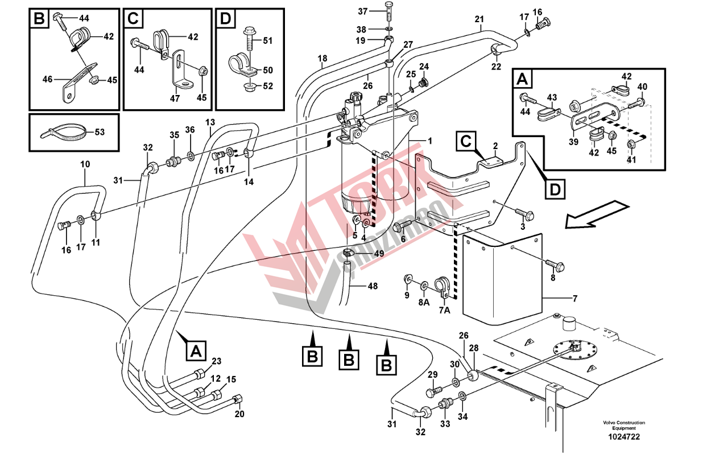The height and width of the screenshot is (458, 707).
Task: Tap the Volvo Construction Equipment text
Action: [x=624, y=425]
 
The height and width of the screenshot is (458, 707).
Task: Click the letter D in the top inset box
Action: [x=226, y=19]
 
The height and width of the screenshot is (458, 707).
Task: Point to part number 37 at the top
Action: [x=379, y=11]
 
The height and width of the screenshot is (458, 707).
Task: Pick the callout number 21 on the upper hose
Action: [x=479, y=20]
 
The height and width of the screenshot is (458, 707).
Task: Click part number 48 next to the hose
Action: [x=373, y=286]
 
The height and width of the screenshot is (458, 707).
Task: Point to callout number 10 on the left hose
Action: [x=85, y=164]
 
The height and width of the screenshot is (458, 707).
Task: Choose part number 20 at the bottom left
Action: [x=239, y=414]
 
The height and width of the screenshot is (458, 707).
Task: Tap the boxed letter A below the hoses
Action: [x=196, y=350]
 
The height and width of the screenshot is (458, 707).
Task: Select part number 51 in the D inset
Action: [x=268, y=40]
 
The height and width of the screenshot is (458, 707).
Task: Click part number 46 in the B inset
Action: [x=48, y=80]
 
